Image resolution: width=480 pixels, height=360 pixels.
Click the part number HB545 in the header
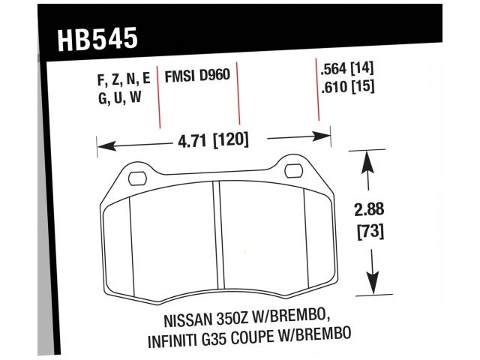click(x=97, y=38)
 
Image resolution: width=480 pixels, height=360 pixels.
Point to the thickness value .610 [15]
click(x=346, y=86)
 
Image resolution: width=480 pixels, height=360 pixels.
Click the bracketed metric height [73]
click(x=367, y=232)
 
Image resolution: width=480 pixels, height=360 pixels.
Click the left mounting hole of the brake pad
click(x=136, y=178)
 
